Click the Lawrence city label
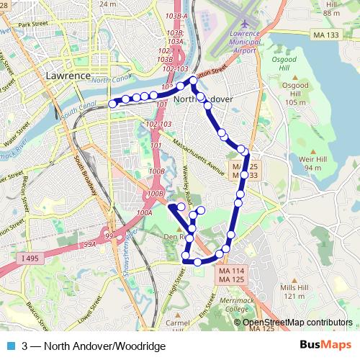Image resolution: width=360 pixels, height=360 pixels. pos(67,75)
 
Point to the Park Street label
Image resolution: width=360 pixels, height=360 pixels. pos(32,24)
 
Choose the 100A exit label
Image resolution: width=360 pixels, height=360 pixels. pos(144,213)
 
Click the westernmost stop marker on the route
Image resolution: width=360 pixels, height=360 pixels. pos(112,104)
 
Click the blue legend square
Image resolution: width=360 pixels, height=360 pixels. pos(9,346)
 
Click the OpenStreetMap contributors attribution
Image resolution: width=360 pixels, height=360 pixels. pos(297,323)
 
